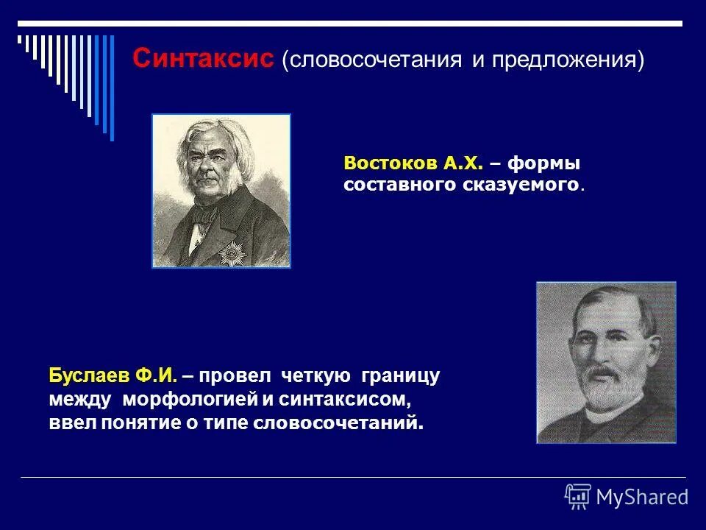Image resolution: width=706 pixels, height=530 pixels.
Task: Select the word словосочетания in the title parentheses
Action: tap(375, 60)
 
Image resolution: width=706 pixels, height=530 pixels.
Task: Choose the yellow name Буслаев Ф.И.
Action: tap(113, 376)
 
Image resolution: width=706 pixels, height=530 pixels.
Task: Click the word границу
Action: tap(400, 376)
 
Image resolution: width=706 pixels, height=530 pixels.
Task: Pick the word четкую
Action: tap(315, 376)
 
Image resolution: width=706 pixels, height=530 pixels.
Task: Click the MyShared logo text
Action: tap(642, 497)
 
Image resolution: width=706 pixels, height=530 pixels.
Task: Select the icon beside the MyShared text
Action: tap(578, 496)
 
